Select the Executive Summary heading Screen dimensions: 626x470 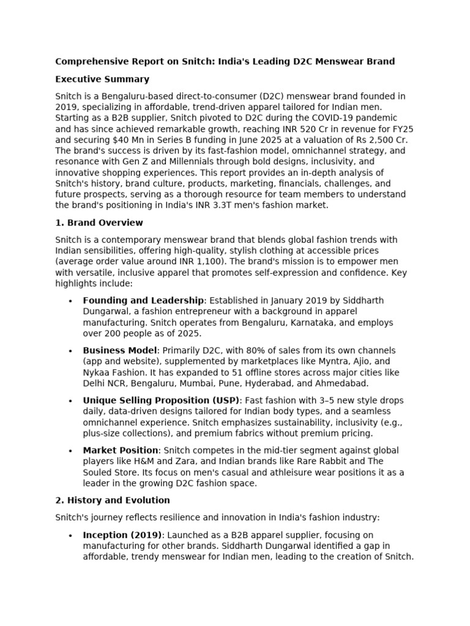pyautogui.click(x=102, y=79)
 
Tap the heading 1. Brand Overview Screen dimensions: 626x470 pyautogui.click(x=99, y=223)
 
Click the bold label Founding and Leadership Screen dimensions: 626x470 pyautogui.click(x=143, y=301)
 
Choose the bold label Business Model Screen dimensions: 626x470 pyautogui.click(x=120, y=350)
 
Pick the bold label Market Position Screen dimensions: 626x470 pyautogui.click(x=121, y=451)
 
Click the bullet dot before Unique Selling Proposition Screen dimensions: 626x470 pyautogui.click(x=72, y=401)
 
